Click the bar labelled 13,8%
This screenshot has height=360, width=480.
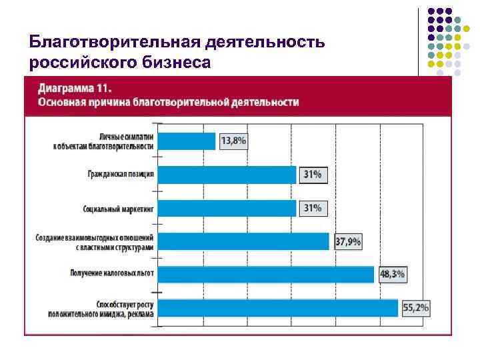pos(186,141)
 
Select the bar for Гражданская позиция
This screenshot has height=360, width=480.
pos(227,175)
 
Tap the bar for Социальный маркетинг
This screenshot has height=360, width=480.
pos(227,208)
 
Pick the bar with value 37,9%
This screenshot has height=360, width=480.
pos(243,241)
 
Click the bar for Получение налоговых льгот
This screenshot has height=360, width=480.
pos(266,274)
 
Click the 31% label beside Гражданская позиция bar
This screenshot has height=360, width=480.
pos(313,175)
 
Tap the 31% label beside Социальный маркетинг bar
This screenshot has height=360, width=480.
pos(313,208)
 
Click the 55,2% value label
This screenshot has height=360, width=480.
pos(415,308)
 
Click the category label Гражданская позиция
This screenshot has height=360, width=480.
pos(121,175)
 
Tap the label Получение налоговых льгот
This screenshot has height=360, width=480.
pos(111,273)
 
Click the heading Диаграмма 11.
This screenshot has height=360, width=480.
pos(75,89)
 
